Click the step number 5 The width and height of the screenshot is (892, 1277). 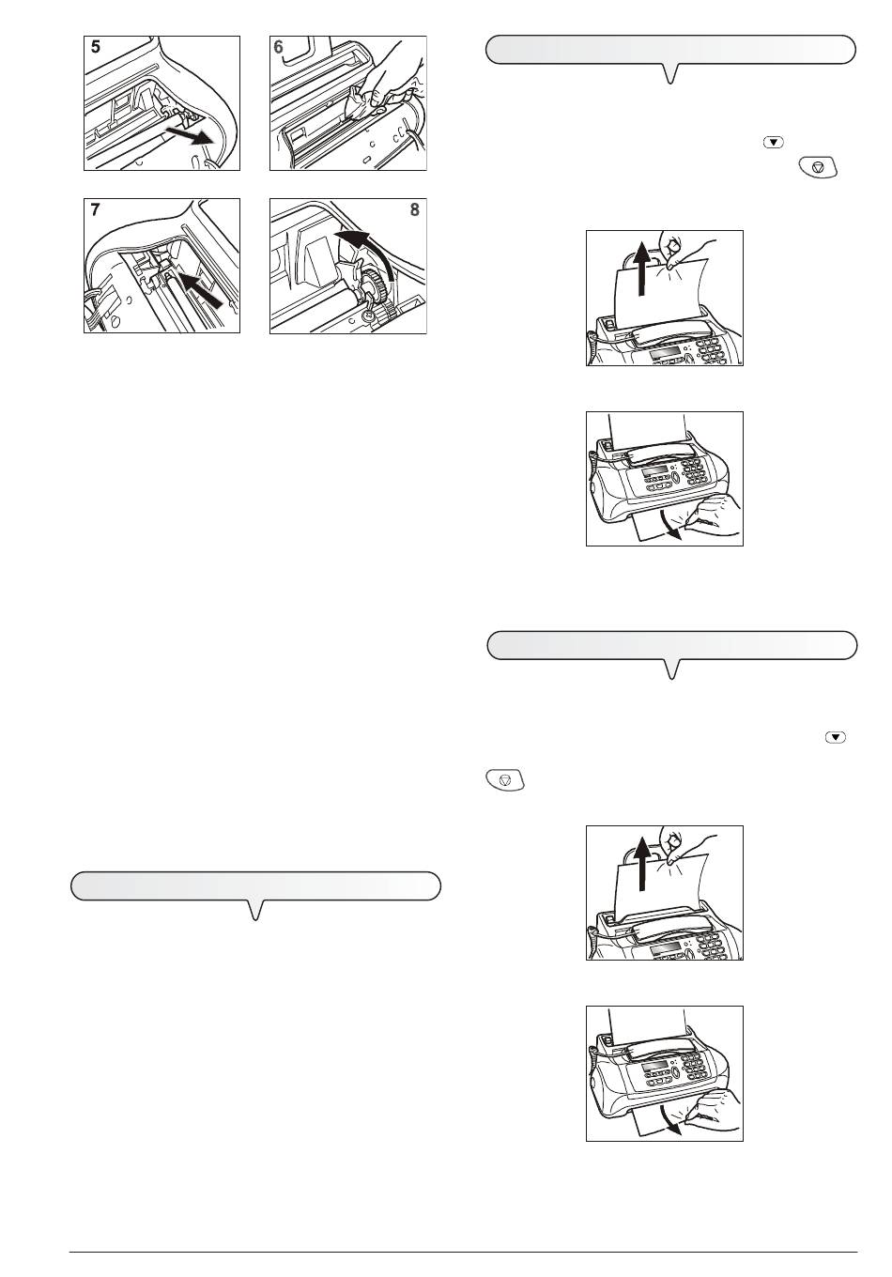click(x=96, y=47)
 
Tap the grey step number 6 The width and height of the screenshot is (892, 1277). click(x=278, y=47)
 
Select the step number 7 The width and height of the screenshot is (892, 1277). click(x=95, y=209)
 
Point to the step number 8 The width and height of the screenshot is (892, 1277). click(x=414, y=209)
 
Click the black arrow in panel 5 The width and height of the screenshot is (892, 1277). click(x=189, y=135)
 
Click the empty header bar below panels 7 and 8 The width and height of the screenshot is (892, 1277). click(x=256, y=886)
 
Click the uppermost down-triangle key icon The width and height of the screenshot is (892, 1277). click(x=774, y=143)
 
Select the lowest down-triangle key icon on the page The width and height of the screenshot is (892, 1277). click(x=836, y=737)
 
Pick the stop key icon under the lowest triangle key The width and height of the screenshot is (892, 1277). click(x=505, y=780)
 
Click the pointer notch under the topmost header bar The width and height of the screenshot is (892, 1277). click(x=671, y=73)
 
